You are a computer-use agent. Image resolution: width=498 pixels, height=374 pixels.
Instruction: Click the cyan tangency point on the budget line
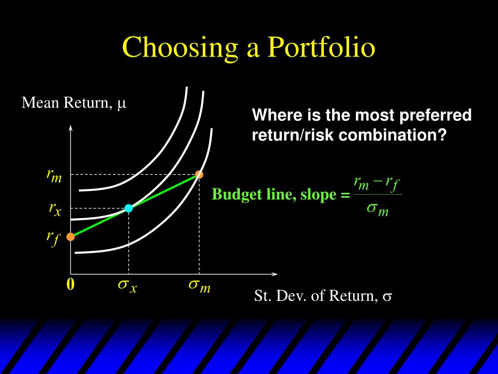(x=128, y=208)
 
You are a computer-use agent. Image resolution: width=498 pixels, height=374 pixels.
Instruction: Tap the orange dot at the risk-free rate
(x=71, y=237)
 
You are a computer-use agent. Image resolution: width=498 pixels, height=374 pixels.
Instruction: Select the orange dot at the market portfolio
(x=199, y=174)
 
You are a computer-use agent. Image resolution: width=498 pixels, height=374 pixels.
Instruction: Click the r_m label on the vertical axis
(x=54, y=175)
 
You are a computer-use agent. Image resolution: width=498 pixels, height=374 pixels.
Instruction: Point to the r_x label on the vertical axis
(x=55, y=209)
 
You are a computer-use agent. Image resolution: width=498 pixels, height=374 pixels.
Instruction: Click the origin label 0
(x=71, y=284)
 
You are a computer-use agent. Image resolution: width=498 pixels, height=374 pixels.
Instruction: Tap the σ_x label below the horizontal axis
(x=127, y=285)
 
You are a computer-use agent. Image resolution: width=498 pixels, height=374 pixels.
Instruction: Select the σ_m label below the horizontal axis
(x=199, y=285)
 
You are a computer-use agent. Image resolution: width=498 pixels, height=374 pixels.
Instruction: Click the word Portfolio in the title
(x=321, y=47)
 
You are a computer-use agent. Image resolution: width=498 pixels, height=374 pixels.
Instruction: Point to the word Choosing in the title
(x=180, y=48)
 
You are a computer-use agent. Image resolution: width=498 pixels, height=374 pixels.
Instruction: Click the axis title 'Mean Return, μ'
(x=74, y=103)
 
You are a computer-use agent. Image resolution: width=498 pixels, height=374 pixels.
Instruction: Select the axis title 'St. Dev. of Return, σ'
(x=323, y=296)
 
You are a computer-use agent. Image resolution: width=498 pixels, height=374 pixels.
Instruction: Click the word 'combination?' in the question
(x=393, y=135)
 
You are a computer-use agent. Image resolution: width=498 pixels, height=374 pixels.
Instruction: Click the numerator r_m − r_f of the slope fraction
(x=377, y=184)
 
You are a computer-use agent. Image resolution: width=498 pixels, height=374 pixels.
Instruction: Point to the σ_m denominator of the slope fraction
(x=377, y=209)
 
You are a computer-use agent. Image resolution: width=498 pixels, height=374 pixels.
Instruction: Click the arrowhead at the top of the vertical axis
(x=71, y=128)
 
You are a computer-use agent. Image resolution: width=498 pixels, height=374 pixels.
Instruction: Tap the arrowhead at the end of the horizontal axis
(x=275, y=274)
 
